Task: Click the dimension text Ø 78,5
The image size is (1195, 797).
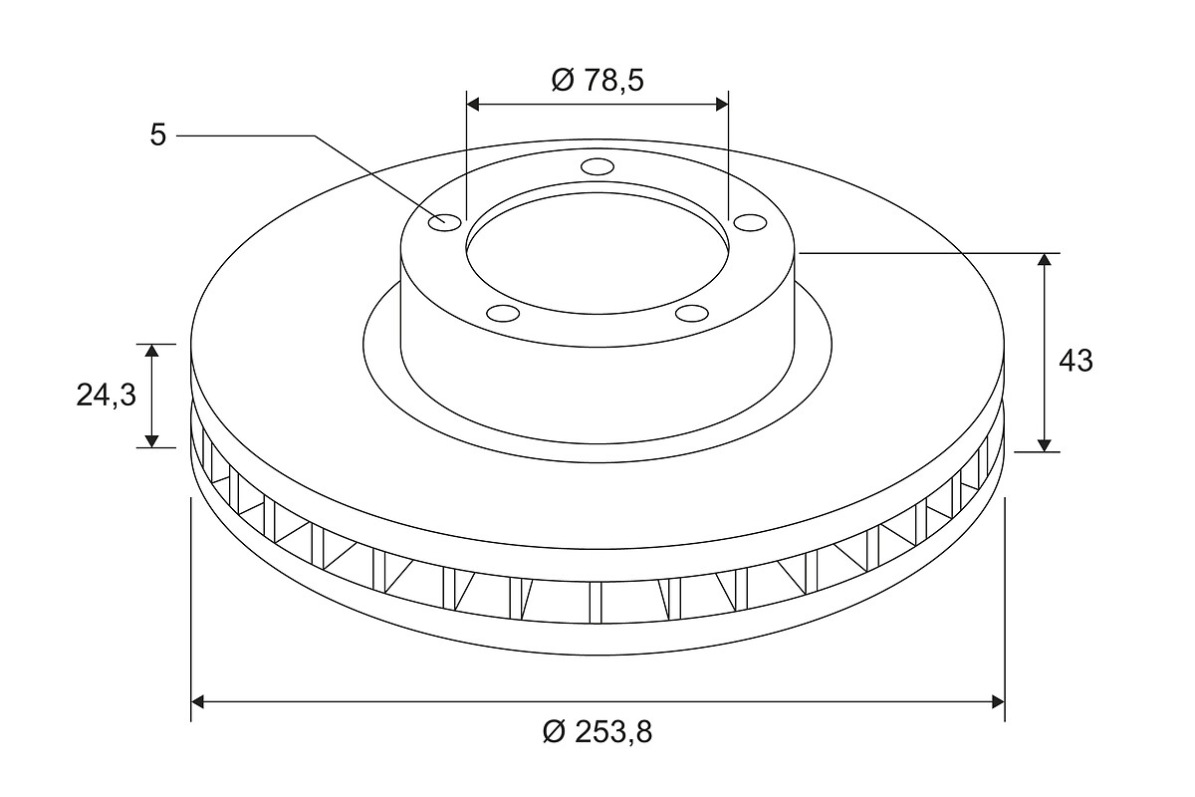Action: [597, 80]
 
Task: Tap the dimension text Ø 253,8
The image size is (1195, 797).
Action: [597, 731]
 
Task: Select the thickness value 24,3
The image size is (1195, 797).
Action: [107, 396]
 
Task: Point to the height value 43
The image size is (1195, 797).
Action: [1075, 362]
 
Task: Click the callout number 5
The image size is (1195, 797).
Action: [158, 135]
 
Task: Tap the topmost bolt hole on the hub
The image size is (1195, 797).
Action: [597, 166]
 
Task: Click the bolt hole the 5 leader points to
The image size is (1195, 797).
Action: [445, 222]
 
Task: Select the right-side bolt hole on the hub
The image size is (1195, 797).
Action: [751, 222]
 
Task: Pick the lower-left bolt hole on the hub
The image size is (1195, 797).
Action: [504, 314]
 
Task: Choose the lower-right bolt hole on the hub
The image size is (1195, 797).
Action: [691, 314]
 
